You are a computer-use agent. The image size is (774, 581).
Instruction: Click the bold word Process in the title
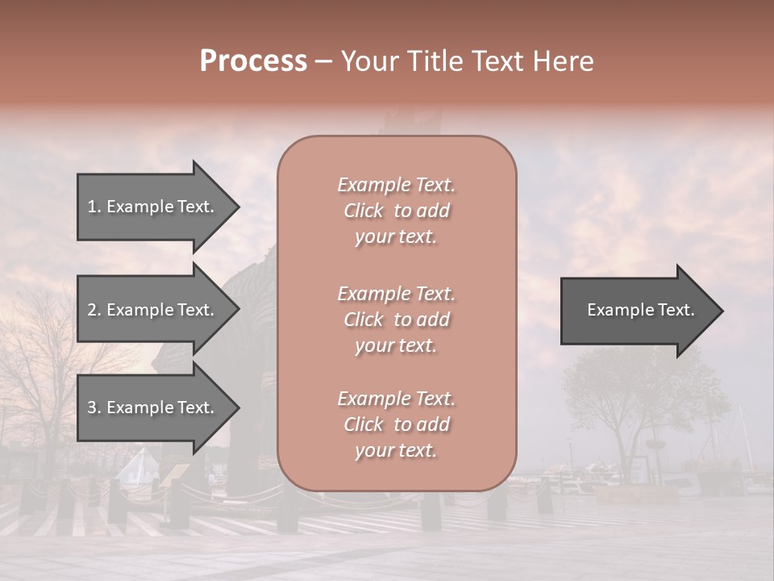pyautogui.click(x=253, y=61)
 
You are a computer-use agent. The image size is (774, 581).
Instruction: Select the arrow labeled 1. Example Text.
pyautogui.click(x=153, y=207)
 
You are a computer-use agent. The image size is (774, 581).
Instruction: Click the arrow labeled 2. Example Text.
pyautogui.click(x=153, y=310)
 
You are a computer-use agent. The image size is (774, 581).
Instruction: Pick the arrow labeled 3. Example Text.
pyautogui.click(x=153, y=408)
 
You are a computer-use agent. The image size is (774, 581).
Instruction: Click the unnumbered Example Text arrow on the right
pyautogui.click(x=637, y=310)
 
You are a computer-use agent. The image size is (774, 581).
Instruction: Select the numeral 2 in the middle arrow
pyautogui.click(x=92, y=310)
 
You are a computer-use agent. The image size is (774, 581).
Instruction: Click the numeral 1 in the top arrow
pyautogui.click(x=92, y=207)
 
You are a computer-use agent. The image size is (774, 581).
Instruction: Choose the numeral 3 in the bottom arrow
pyautogui.click(x=92, y=408)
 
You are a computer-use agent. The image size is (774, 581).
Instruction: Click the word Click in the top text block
pyautogui.click(x=364, y=211)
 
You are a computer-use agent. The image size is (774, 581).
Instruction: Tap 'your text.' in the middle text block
pyautogui.click(x=396, y=345)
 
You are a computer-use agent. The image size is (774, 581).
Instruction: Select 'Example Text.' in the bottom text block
pyautogui.click(x=396, y=399)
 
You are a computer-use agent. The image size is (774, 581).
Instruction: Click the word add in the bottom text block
pyautogui.click(x=432, y=424)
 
